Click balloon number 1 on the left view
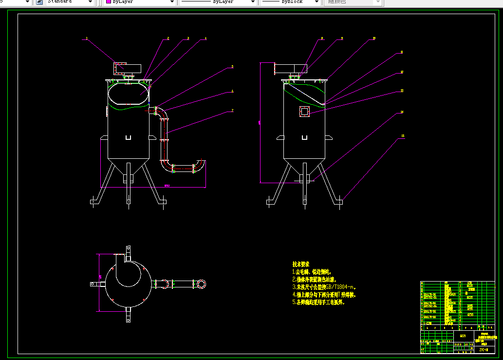point(86,38)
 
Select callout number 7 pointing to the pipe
point(232,111)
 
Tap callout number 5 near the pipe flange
point(232,66)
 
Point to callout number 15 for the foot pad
point(403,136)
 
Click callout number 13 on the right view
point(402,91)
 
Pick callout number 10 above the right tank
point(374,38)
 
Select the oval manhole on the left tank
point(128,94)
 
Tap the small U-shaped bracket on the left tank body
point(128,137)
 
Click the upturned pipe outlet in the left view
point(200,162)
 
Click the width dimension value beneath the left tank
point(167,186)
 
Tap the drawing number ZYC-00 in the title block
point(484,350)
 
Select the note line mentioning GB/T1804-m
point(324,287)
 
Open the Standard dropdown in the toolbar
point(70,2)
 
